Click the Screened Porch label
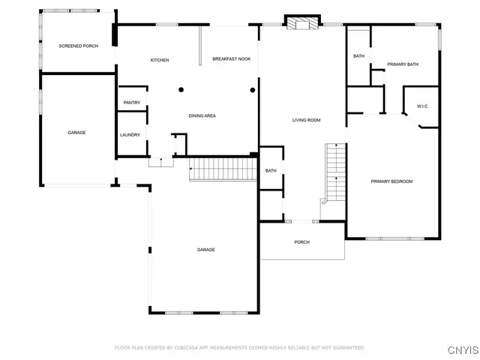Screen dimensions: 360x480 click(78, 46)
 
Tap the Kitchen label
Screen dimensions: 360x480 click(160, 60)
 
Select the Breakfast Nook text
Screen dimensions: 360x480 click(231, 58)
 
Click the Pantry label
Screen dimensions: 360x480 click(132, 102)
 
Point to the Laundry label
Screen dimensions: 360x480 click(130, 135)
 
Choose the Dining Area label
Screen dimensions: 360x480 click(202, 115)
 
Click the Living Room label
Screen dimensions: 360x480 click(306, 120)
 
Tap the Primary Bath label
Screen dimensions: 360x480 click(403, 64)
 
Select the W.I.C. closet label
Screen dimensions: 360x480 click(422, 106)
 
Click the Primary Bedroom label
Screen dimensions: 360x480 click(391, 181)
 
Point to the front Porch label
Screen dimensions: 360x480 click(302, 242)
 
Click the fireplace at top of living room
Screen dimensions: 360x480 click(303, 23)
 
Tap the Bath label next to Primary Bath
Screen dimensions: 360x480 click(358, 56)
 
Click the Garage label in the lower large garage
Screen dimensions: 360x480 click(206, 250)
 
